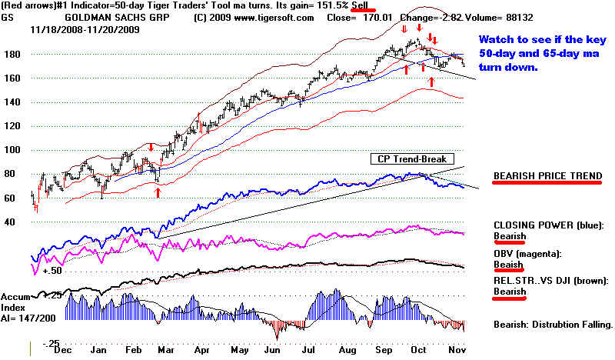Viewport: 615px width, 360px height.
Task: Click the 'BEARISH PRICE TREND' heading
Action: click(547, 175)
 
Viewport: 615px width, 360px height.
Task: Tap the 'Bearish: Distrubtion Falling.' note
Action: click(553, 324)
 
